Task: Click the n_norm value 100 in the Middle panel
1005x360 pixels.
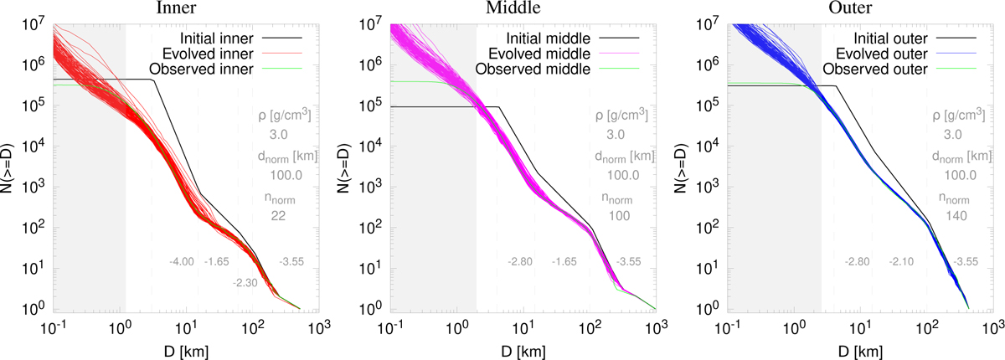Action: click(x=616, y=216)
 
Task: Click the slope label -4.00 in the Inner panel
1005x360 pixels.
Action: click(x=182, y=263)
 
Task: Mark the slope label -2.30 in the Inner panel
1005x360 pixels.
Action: click(x=246, y=284)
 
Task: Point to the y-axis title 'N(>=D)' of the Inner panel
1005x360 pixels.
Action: click(x=11, y=167)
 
